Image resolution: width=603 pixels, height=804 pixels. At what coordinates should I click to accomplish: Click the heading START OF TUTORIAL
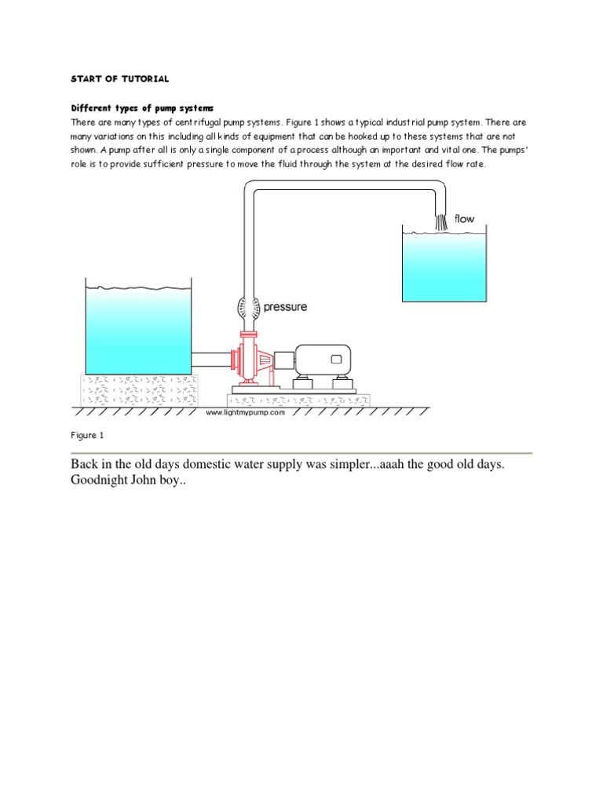[x=120, y=79]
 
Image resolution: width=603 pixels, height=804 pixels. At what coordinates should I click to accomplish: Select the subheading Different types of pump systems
[x=142, y=108]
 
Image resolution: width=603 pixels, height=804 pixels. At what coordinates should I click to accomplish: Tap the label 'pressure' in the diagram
[x=285, y=307]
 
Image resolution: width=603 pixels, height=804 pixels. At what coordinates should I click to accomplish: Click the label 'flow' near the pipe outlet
[x=465, y=219]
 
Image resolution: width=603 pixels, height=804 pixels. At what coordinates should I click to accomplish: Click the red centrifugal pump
[x=250, y=360]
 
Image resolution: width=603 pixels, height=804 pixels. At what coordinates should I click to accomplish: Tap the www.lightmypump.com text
[x=244, y=412]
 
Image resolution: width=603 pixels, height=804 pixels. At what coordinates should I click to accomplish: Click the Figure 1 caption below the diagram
[x=87, y=435]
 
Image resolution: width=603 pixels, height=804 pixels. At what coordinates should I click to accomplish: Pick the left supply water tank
[x=138, y=330]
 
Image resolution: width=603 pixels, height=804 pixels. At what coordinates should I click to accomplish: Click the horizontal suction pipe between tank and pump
[x=211, y=360]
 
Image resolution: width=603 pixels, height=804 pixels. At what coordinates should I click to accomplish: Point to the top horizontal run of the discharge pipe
[x=345, y=187]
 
